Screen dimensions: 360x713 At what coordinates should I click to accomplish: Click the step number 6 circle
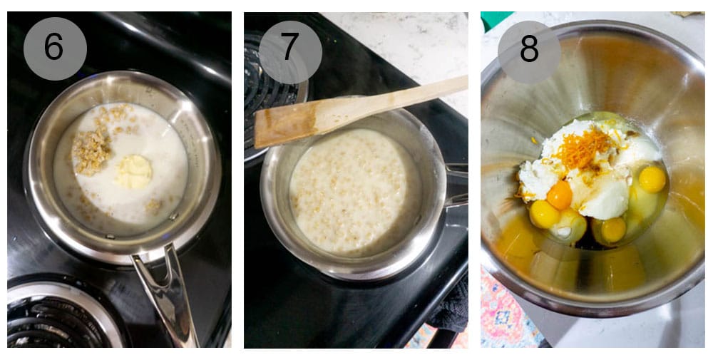pyautogui.click(x=54, y=48)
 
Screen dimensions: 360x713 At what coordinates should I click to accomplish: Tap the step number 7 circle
pyautogui.click(x=289, y=48)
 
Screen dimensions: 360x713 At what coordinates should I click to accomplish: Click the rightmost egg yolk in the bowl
pyautogui.click(x=652, y=179)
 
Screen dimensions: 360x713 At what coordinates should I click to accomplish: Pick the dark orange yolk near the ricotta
pyautogui.click(x=560, y=195)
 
